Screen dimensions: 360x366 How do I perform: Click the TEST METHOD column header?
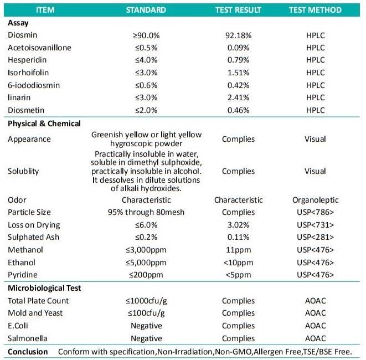pos(315,10)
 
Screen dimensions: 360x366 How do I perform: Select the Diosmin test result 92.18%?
pos(238,35)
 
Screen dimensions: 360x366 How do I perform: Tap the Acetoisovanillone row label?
pos(39,47)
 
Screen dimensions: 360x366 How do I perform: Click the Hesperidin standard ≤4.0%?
pos(146,60)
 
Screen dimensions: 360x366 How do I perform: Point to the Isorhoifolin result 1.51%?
pos(238,72)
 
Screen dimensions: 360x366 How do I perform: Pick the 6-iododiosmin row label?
pos(34,85)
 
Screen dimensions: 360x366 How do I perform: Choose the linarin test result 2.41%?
pos(238,97)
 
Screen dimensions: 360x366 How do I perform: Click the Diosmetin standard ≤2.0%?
pos(146,110)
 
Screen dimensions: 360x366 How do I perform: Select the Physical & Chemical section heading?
pos(44,124)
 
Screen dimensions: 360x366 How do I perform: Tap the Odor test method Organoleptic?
pos(315,200)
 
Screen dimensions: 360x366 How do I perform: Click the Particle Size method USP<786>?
pos(315,212)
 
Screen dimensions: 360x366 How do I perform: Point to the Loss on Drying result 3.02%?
pos(238,225)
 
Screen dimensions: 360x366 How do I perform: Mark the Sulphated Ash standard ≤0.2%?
pos(146,237)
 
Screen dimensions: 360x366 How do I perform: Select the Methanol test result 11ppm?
pos(238,250)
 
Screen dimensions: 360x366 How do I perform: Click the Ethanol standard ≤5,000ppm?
pos(146,262)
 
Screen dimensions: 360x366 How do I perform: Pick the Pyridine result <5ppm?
pos(238,275)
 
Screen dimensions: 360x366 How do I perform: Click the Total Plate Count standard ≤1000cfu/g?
pos(146,301)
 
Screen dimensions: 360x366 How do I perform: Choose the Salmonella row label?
pos(28,338)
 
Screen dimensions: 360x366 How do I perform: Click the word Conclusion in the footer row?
pos(28,352)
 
